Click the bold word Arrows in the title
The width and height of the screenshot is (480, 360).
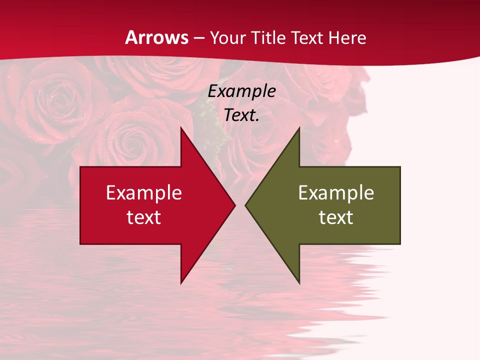click(157, 38)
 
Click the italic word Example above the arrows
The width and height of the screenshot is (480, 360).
click(242, 91)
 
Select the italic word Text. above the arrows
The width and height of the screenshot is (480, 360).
click(242, 115)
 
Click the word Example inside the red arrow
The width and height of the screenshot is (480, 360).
click(144, 193)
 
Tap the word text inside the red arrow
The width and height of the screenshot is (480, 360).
click(144, 217)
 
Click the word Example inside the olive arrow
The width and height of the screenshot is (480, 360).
click(336, 193)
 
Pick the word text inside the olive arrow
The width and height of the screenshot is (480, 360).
click(336, 217)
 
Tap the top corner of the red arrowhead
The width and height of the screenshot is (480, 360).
click(181, 128)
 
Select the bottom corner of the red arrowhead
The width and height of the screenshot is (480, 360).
click(181, 282)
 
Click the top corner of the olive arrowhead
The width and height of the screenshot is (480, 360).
click(299, 128)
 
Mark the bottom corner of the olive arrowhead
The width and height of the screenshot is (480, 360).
click(299, 282)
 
